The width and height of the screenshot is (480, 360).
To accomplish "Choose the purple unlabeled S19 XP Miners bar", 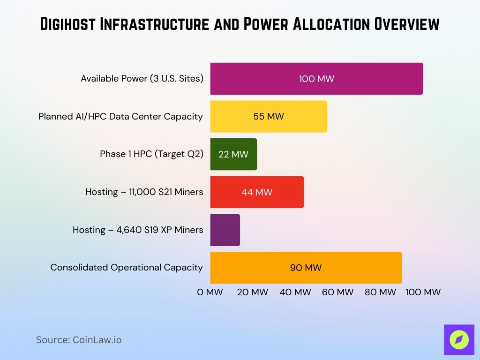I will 225,230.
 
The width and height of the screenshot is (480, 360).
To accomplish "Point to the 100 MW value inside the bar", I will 316,79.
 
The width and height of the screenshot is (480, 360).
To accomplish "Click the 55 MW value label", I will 269,116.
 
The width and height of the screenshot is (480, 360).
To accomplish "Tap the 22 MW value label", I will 233,154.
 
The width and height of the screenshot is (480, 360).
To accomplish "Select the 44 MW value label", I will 257,192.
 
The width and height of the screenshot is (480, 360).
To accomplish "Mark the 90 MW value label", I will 306,268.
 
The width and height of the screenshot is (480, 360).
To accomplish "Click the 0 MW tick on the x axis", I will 210,292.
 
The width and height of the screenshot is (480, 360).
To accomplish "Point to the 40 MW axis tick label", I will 295,292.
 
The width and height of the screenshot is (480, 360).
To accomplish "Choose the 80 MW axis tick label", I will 380,292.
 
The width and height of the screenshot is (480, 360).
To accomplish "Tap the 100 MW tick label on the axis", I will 423,292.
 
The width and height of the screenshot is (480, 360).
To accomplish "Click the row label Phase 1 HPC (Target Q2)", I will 151,154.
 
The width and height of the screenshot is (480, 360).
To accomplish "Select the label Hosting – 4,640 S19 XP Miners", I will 138,230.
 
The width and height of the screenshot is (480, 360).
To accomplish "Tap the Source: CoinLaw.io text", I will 79,340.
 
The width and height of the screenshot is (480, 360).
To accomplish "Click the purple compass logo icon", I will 459,339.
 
